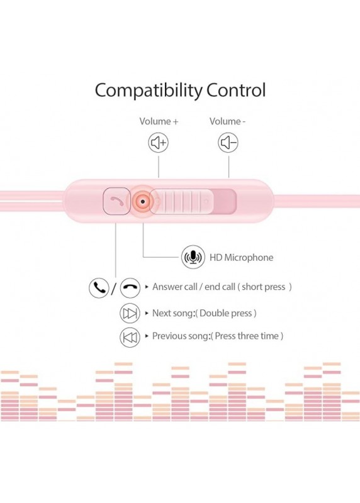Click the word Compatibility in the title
pos(149,91)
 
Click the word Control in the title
pos(236,90)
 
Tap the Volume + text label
pos(159,121)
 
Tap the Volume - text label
pos(227,121)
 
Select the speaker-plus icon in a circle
pos(159,143)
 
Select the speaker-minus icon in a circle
pos(228,143)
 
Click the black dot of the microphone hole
pos(143,202)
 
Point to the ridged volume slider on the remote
pos(181,201)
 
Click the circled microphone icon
pos(193,257)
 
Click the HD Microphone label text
pos(241,258)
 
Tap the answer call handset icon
pos(99,288)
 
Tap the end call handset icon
pos(130,288)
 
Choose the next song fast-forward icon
pos(130,313)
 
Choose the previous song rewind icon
pos(130,338)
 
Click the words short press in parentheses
pos(263,287)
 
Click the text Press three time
pos(247,336)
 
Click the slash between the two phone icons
pos(114,288)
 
